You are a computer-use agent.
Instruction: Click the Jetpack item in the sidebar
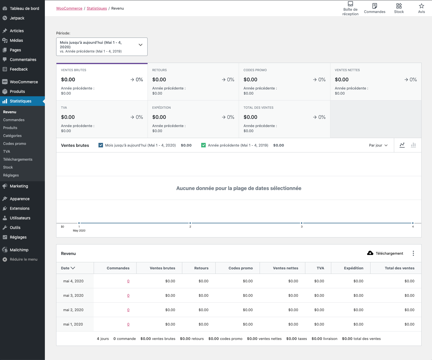point(17,18)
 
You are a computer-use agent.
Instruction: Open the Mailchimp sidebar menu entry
point(19,250)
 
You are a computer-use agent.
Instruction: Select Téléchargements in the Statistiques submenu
point(18,159)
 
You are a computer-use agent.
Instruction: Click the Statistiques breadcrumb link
point(97,8)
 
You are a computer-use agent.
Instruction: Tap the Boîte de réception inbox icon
point(350,4)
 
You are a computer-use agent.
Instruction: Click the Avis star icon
point(421,6)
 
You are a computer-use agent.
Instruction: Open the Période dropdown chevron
point(141,45)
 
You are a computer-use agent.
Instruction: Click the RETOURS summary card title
point(159,70)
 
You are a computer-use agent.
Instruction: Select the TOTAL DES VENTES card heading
point(258,108)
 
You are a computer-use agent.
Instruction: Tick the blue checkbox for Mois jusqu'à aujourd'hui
point(101,145)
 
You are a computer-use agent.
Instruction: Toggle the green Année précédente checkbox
point(203,145)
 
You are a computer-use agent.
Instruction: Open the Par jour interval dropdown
point(378,145)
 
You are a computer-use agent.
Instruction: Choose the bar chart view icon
point(413,145)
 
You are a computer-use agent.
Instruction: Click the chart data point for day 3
point(301,223)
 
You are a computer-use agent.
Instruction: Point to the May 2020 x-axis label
point(79,230)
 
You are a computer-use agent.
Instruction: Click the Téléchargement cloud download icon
point(370,253)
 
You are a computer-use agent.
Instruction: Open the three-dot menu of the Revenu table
point(413,253)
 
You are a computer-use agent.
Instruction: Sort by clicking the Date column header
point(68,268)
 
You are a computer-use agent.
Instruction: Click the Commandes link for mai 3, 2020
point(128,295)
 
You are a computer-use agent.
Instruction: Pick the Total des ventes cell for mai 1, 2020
point(409,324)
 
